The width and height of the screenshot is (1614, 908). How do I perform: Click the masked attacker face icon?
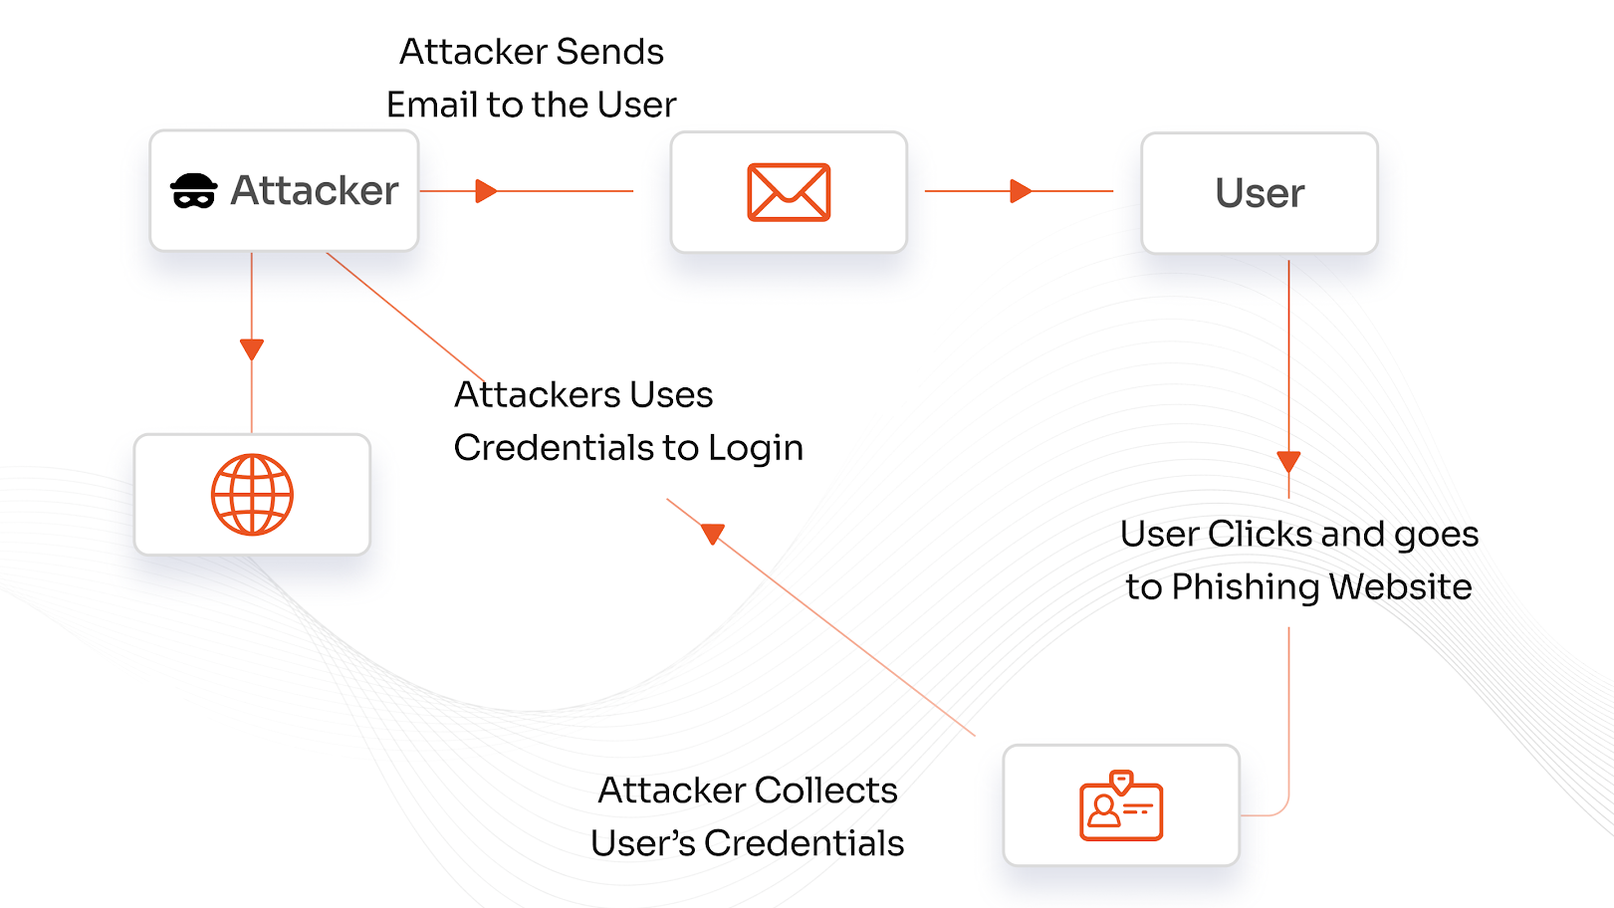pyautogui.click(x=193, y=191)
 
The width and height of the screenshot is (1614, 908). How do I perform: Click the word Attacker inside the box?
pyautogui.click(x=315, y=190)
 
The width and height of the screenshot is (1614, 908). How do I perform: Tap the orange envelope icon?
pyautogui.click(x=789, y=192)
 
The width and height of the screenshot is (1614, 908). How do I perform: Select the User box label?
pyautogui.click(x=1260, y=193)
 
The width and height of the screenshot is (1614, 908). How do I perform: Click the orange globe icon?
pyautogui.click(x=252, y=495)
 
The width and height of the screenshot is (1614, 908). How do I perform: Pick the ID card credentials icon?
pyautogui.click(x=1121, y=805)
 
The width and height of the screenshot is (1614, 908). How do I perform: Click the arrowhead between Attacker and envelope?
pyautogui.click(x=486, y=191)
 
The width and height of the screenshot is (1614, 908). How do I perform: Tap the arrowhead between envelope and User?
pyautogui.click(x=1020, y=191)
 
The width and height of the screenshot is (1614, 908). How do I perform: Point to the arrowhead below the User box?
pyautogui.click(x=1288, y=462)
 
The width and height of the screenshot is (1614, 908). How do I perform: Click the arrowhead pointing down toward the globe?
pyautogui.click(x=252, y=349)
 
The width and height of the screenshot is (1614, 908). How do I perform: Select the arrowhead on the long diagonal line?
pyautogui.click(x=713, y=534)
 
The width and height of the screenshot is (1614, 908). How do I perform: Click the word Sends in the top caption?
pyautogui.click(x=609, y=52)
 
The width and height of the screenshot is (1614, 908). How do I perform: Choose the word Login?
pyautogui.click(x=756, y=448)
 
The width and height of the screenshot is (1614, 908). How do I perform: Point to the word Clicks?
pyautogui.click(x=1259, y=535)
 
